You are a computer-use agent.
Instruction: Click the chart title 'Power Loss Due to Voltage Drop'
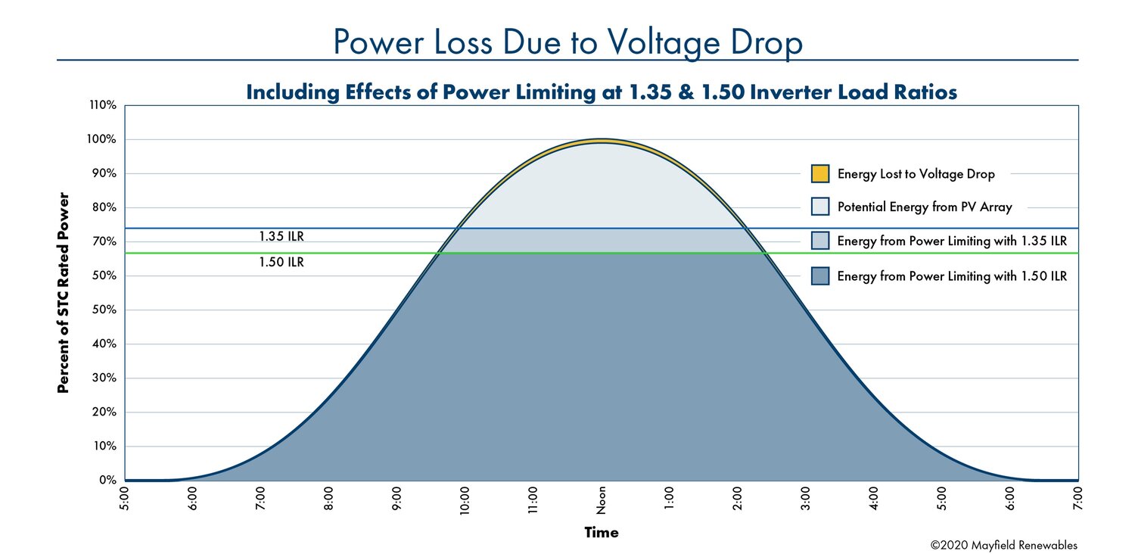pyautogui.click(x=567, y=43)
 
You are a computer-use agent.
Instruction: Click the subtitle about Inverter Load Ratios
pyautogui.click(x=602, y=92)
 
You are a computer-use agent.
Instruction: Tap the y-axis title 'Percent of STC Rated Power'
pyautogui.click(x=64, y=293)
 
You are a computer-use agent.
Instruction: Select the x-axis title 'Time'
pyautogui.click(x=602, y=533)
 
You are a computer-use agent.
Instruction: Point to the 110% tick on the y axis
pyautogui.click(x=102, y=105)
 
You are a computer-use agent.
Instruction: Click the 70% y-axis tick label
pyautogui.click(x=104, y=241)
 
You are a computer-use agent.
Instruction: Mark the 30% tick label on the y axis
pyautogui.click(x=104, y=378)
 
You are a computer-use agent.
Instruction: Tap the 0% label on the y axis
pyautogui.click(x=107, y=480)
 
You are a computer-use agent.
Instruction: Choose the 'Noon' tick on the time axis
pyautogui.click(x=602, y=500)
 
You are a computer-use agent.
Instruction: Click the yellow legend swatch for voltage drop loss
pyautogui.click(x=820, y=174)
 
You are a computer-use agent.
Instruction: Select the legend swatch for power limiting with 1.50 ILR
pyautogui.click(x=820, y=276)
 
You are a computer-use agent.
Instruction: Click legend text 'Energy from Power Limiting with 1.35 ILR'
pyautogui.click(x=952, y=241)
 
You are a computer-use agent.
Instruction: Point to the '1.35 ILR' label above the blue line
pyautogui.click(x=281, y=237)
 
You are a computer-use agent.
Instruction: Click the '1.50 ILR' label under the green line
pyautogui.click(x=281, y=263)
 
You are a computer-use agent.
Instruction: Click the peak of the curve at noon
pyautogui.click(x=602, y=140)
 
